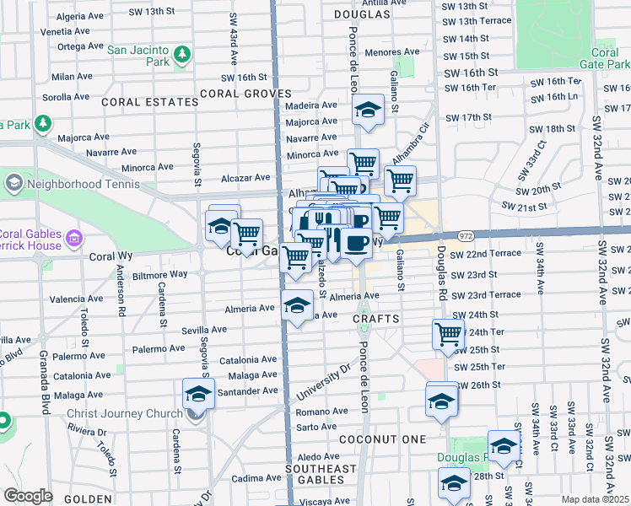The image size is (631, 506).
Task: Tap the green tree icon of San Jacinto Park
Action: [x=181, y=56]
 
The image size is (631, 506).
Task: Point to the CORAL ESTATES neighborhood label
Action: [x=149, y=102]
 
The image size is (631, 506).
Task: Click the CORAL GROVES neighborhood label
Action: [x=246, y=94]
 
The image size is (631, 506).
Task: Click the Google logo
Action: [x=28, y=496]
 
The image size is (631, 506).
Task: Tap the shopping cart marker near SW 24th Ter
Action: [x=448, y=334]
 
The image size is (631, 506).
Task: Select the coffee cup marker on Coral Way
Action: [x=357, y=243]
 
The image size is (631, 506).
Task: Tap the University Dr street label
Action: [x=321, y=383]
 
